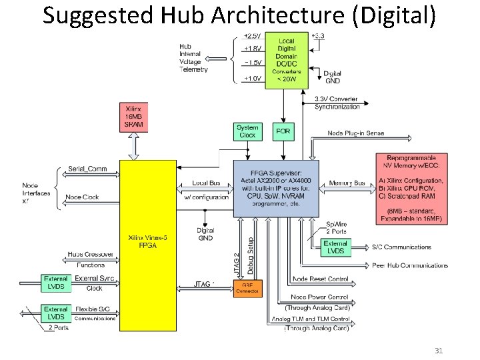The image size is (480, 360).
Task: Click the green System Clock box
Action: click(247, 131)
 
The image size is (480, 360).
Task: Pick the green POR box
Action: click(283, 131)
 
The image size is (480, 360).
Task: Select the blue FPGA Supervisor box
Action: click(276, 188)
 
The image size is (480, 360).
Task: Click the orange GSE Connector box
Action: click(247, 288)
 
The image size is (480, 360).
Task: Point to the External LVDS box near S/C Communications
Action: click(335, 247)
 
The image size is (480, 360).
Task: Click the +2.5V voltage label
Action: click(253, 35)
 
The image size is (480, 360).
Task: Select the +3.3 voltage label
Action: click(318, 35)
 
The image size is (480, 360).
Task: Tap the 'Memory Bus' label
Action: click(347, 183)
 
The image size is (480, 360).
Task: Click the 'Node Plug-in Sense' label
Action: click(355, 133)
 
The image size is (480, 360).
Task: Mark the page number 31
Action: click(439, 351)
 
